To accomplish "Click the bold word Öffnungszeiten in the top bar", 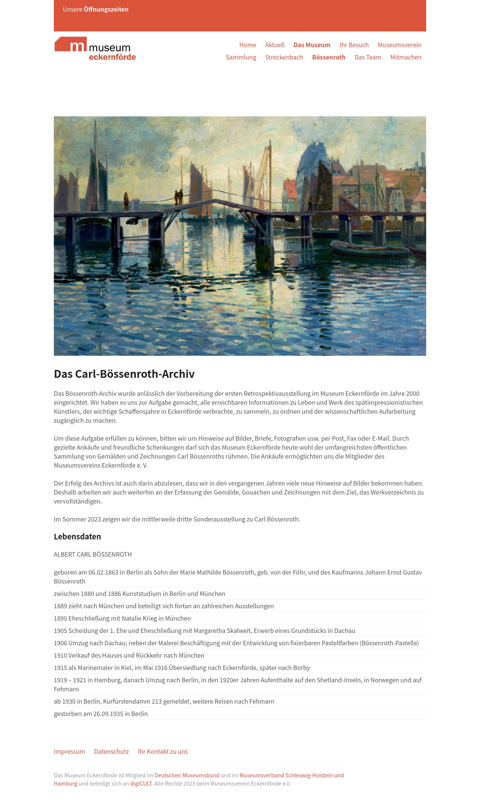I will point(106,9).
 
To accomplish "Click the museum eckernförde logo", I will point(95,49).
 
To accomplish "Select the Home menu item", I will point(247,45).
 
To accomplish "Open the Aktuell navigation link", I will point(275,45).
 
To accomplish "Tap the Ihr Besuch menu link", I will point(354,45).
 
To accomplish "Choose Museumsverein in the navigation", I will point(399,45).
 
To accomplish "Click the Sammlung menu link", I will point(241,57).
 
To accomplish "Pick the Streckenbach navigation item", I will point(284,57).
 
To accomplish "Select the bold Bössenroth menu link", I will point(329,57).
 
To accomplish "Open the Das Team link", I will point(368,57).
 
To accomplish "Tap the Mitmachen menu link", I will point(406,57).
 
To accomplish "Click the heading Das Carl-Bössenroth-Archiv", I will point(124,374).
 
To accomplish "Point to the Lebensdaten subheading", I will point(77,536).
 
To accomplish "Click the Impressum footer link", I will point(70,752).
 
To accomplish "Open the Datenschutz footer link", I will point(111,752).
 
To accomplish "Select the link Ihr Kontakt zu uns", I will point(163,752).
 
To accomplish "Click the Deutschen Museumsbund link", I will point(187,775).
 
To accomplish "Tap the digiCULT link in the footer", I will point(141,783).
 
